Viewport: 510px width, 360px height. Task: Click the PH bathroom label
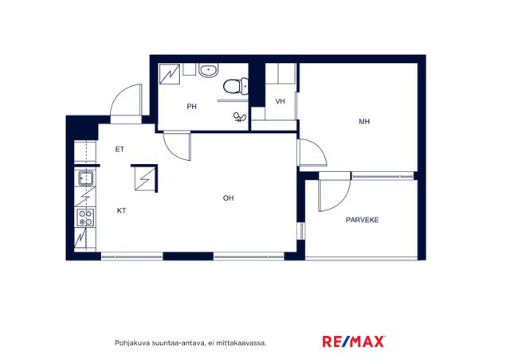coord(191,107)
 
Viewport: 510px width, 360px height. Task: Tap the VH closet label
coord(280,101)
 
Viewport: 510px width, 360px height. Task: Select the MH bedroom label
coord(364,122)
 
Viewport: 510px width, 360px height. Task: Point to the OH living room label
coord(229,198)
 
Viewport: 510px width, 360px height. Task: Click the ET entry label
coord(120,150)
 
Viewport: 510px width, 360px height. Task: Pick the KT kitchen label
coord(121,211)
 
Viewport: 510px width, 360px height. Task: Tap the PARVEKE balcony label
coord(362,220)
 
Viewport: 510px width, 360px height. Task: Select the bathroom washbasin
coord(208,70)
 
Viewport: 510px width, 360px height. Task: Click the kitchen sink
coord(86,178)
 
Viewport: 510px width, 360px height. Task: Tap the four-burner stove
coord(85,217)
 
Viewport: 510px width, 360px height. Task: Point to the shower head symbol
coord(240,117)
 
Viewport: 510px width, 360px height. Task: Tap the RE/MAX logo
coord(354,342)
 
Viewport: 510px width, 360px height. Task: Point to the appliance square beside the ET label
coord(145,179)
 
